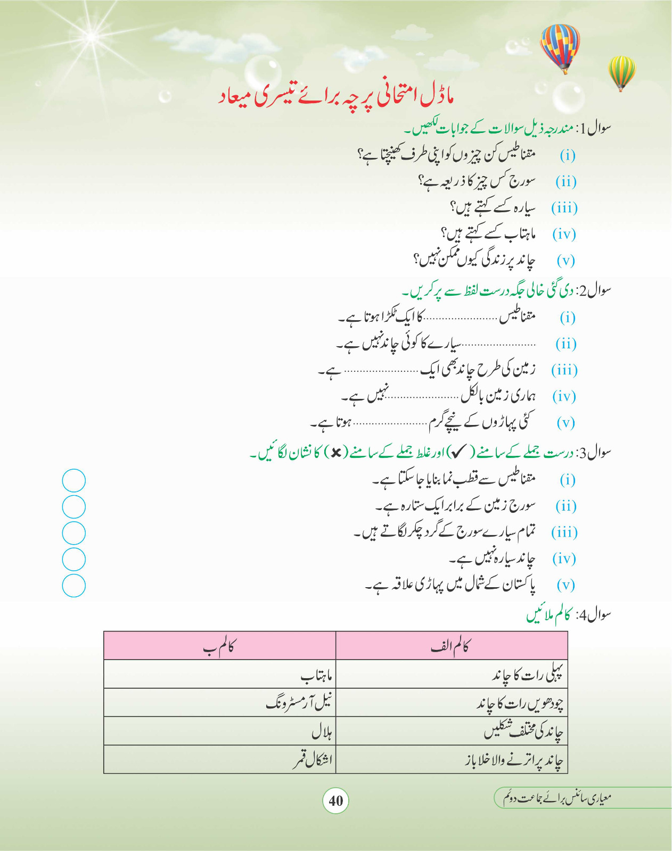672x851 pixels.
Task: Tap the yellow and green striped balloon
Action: point(621,72)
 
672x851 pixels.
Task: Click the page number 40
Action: point(335,800)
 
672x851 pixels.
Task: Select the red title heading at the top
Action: point(335,96)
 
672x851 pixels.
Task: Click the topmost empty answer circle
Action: point(73,481)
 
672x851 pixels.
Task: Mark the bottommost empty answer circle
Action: point(73,586)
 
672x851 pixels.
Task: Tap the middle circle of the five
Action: point(73,533)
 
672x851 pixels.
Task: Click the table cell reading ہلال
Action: point(322,732)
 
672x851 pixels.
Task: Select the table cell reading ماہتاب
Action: point(316,676)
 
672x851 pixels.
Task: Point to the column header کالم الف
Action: point(450,647)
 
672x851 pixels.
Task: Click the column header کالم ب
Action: point(219,647)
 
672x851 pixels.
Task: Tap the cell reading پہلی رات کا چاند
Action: point(527,675)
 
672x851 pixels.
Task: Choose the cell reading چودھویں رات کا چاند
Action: point(520,704)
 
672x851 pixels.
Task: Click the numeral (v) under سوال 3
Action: point(566,585)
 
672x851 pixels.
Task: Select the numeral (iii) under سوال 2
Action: point(564,370)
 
